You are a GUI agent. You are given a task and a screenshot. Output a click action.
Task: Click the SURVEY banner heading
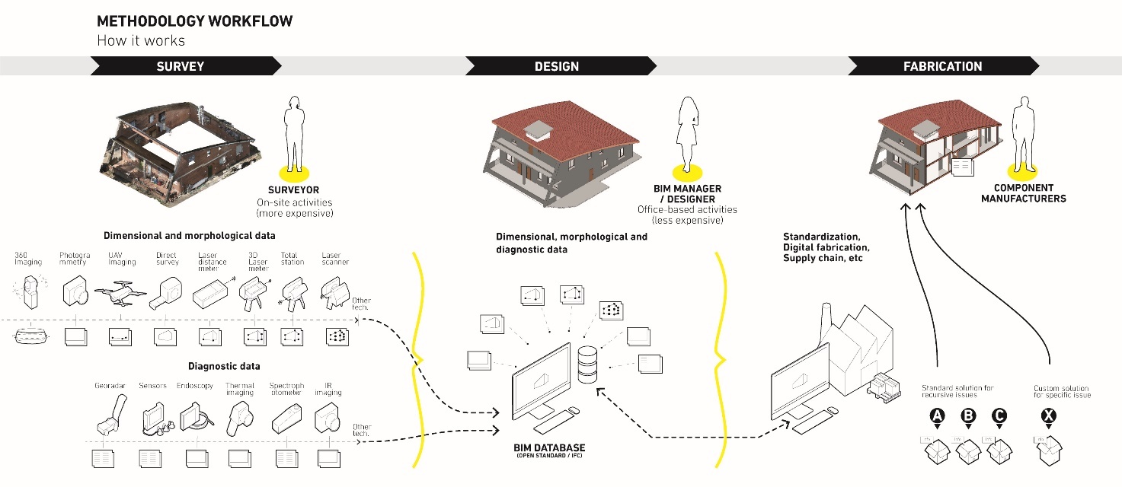pos(181,66)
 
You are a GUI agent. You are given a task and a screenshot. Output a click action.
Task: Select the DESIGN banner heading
pos(556,66)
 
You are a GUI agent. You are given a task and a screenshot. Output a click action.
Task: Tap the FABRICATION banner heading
pos(942,66)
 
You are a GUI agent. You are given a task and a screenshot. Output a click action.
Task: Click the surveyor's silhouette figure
pos(292,133)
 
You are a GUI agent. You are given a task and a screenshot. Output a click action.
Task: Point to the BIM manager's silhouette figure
pos(689,133)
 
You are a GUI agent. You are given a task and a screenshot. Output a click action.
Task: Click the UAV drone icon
pos(122,293)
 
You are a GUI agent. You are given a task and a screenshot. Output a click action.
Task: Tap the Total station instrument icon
pos(292,294)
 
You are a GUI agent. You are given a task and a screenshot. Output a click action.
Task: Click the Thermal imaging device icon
pos(240,414)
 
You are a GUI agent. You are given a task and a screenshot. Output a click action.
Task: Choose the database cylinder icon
pos(587,364)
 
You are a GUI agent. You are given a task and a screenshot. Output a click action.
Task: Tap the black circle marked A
pos(938,416)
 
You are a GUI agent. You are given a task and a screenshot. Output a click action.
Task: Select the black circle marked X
pos(1049,416)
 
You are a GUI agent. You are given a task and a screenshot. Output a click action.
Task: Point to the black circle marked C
pos(999,416)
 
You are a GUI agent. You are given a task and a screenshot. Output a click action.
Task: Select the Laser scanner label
pos(331,259)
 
